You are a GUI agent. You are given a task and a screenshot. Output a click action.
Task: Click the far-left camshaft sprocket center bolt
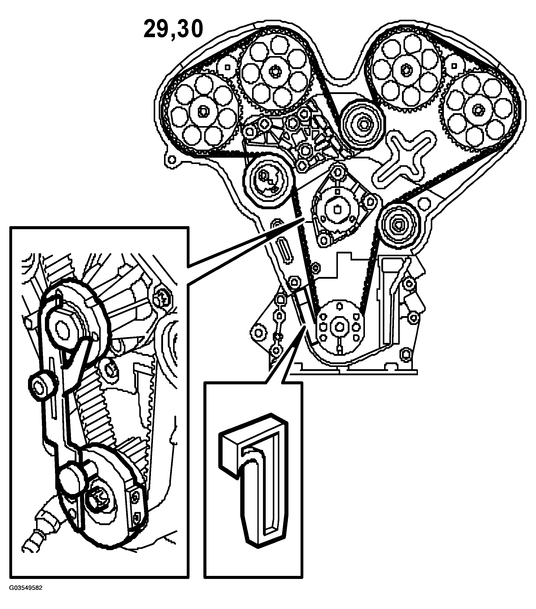203,112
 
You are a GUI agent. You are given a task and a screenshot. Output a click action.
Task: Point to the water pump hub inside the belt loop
337,208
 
